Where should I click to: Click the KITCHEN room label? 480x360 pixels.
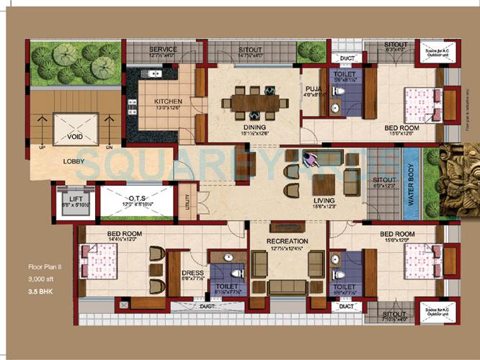168,102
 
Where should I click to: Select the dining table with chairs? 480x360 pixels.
253,101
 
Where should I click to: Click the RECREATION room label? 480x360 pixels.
287,240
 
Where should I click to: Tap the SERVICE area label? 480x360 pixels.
163,50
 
